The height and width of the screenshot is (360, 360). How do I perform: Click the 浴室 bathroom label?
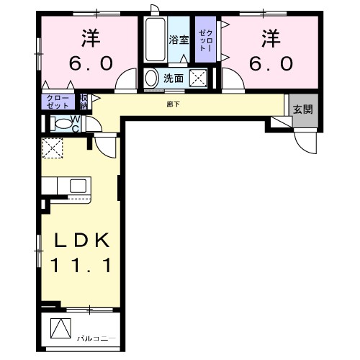178,40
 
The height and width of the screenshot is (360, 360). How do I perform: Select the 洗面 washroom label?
173,77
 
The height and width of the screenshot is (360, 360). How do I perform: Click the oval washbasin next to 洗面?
152,77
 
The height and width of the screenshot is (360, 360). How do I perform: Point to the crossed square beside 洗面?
199,78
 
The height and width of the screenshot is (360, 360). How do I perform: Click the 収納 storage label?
84,101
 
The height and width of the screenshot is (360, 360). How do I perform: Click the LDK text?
80,240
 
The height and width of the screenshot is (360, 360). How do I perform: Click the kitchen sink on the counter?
78,186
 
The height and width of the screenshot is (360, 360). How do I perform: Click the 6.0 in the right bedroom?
271,63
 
